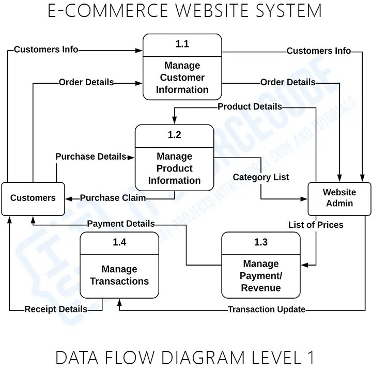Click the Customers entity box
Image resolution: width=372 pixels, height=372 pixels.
click(33, 198)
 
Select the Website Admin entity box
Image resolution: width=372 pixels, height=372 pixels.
click(339, 198)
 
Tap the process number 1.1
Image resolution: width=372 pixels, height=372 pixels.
click(182, 44)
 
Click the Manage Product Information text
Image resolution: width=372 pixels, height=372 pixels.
click(175, 168)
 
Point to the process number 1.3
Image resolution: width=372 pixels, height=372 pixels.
click(261, 242)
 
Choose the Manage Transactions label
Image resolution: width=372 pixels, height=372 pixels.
click(119, 275)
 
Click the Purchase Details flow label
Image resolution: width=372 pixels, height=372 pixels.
click(91, 157)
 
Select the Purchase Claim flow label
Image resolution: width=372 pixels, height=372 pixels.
click(113, 198)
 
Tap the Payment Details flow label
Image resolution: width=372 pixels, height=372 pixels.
click(121, 224)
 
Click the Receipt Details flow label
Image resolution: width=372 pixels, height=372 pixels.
click(56, 309)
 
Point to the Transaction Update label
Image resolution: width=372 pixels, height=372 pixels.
click(267, 309)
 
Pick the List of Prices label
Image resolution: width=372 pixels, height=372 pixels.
click(316, 225)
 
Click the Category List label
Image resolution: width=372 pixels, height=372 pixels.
click(261, 177)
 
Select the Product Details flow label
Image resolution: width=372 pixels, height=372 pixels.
click(250, 106)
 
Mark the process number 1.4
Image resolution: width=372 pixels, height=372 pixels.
click(119, 242)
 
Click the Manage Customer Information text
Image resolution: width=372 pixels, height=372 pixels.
click(182, 78)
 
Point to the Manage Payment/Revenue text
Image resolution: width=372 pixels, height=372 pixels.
click(261, 276)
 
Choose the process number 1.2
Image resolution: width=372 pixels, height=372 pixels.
click(175, 135)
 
